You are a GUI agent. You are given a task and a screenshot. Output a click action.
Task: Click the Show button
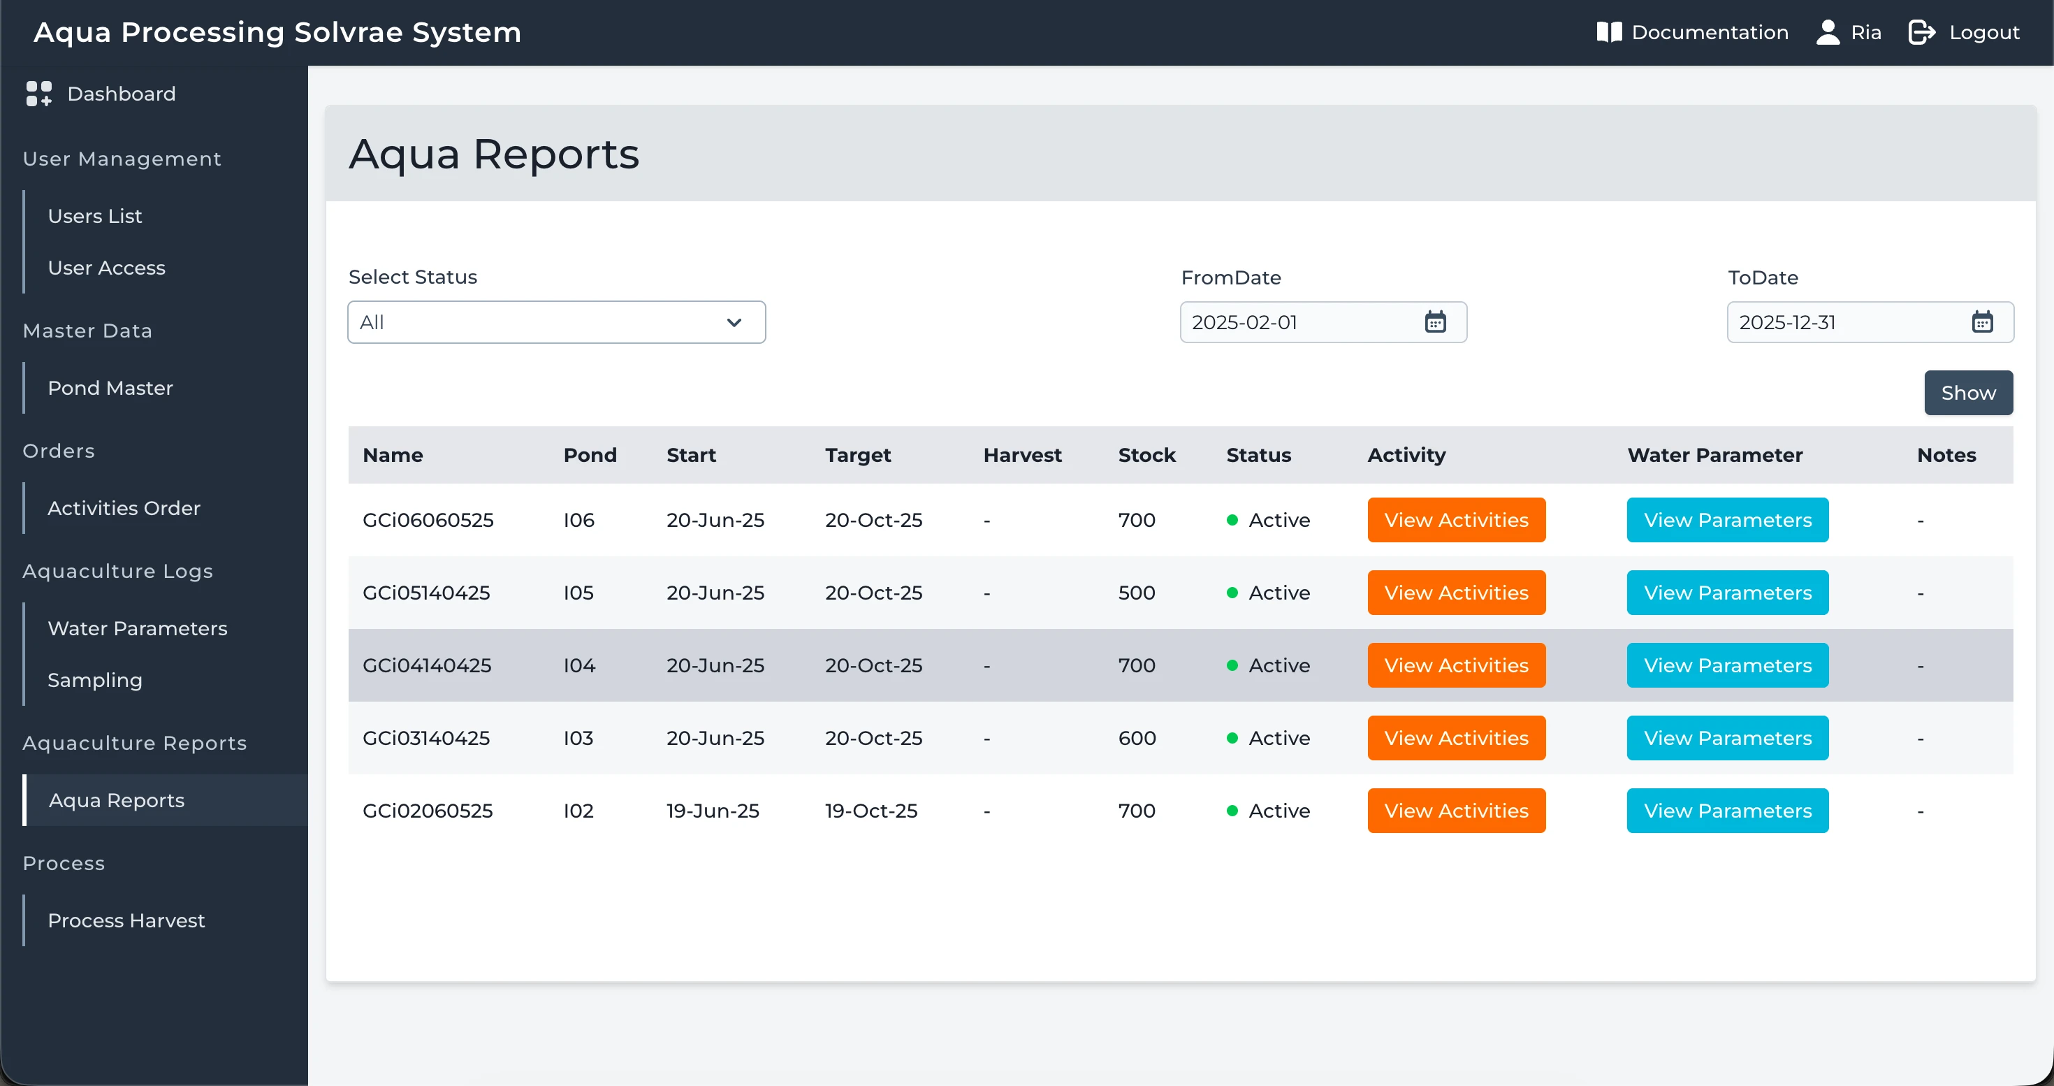point(1968,393)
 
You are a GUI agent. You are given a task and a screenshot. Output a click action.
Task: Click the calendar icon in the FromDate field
point(1435,322)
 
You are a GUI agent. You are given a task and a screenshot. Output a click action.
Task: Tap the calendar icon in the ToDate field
point(1982,322)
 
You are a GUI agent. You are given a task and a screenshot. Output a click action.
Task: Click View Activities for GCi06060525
point(1456,520)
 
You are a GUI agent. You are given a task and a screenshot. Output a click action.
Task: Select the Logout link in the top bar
point(1964,33)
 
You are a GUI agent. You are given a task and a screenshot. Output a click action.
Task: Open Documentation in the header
point(1693,33)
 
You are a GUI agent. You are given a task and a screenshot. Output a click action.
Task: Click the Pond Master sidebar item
point(110,389)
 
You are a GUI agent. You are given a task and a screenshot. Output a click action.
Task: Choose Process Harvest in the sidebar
point(126,921)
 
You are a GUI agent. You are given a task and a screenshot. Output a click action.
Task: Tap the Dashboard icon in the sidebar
point(38,93)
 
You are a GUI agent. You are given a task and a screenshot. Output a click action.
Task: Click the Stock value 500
point(1136,593)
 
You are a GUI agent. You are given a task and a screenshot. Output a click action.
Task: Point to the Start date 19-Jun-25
point(713,811)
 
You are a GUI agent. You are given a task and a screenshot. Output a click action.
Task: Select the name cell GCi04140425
point(427,666)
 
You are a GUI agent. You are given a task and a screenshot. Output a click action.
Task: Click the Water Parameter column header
point(1714,455)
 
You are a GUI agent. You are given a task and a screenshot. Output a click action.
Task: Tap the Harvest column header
point(1022,455)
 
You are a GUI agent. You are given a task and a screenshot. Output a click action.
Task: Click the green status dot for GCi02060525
point(1232,811)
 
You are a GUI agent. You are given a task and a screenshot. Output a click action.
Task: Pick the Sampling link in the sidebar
point(95,680)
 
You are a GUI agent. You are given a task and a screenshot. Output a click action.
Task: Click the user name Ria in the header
point(1866,33)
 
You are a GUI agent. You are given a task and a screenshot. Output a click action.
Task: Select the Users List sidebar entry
point(95,216)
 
